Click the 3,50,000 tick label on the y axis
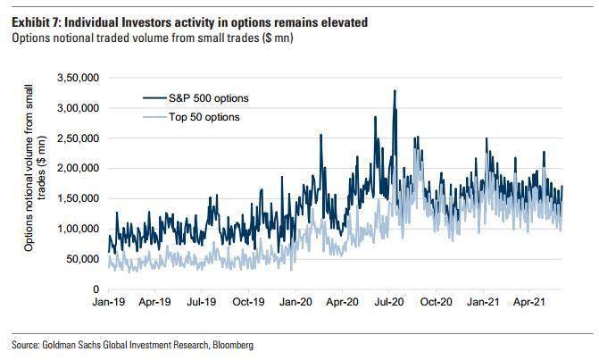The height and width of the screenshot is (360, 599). pyautogui.click(x=78, y=78)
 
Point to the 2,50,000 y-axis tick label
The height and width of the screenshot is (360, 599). pyautogui.click(x=78, y=138)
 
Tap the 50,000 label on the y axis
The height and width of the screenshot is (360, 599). pyautogui.click(x=82, y=259)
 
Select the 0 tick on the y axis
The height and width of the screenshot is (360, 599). pyautogui.click(x=96, y=289)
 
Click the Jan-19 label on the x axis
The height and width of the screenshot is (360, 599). pyautogui.click(x=109, y=302)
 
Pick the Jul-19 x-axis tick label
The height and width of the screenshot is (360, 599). pyautogui.click(x=202, y=302)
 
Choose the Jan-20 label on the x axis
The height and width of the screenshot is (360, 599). pyautogui.click(x=295, y=302)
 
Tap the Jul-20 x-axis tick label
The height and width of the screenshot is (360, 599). pyautogui.click(x=389, y=302)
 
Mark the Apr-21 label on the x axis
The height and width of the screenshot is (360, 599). pyautogui.click(x=529, y=302)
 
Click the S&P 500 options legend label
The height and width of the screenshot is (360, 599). pyautogui.click(x=209, y=98)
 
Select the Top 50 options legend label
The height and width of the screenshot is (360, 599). pyautogui.click(x=204, y=117)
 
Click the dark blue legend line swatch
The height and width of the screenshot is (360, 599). pyautogui.click(x=154, y=98)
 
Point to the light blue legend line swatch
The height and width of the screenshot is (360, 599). pyautogui.click(x=154, y=117)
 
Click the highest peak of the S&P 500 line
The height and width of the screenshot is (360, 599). pyautogui.click(x=395, y=90)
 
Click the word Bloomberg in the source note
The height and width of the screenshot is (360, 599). pyautogui.click(x=233, y=345)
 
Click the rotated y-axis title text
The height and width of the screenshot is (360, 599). pyautogui.click(x=35, y=168)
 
